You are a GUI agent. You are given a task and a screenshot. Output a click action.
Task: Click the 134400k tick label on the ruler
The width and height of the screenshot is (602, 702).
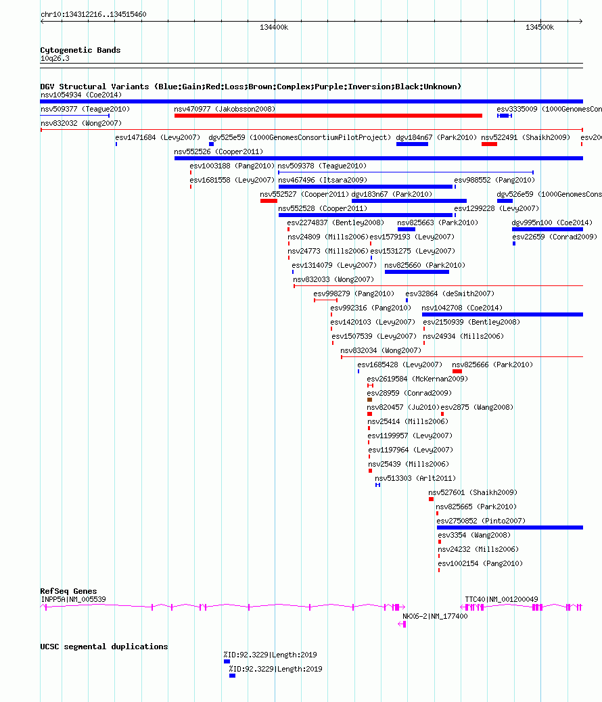click(274, 27)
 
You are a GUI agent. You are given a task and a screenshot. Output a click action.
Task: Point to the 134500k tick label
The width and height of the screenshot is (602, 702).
click(539, 27)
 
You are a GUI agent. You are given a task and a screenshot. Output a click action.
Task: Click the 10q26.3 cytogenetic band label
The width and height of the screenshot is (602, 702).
click(55, 58)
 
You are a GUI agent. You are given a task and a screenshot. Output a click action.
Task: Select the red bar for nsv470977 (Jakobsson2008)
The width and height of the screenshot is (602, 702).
click(328, 116)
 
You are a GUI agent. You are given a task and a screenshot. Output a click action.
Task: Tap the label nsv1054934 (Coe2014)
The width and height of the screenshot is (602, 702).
click(80, 95)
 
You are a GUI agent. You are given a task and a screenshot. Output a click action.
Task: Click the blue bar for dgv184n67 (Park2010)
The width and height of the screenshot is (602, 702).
click(412, 144)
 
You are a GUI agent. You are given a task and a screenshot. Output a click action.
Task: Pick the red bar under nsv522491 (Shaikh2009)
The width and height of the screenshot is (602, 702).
click(489, 144)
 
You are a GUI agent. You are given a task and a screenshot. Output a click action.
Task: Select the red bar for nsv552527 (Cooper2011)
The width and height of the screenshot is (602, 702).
click(269, 201)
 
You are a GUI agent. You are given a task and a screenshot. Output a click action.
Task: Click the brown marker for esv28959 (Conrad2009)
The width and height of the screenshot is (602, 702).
click(369, 400)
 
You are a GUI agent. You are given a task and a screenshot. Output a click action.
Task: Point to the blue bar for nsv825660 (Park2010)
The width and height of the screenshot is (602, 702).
click(417, 272)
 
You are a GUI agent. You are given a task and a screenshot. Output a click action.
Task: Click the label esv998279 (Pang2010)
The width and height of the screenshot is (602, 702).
click(354, 294)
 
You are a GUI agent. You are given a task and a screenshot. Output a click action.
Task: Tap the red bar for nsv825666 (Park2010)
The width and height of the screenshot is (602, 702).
click(457, 371)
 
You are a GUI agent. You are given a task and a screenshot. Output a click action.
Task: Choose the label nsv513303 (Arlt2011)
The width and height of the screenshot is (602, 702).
click(415, 478)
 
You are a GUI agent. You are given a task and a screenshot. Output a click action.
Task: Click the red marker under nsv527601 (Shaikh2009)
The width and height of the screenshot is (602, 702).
click(431, 499)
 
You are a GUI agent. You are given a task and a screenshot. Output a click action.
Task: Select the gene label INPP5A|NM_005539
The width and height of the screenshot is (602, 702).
click(74, 599)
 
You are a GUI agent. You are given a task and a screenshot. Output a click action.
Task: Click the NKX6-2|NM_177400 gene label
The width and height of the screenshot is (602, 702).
click(435, 617)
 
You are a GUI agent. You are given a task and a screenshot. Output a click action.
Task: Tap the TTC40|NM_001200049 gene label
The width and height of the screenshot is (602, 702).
click(501, 599)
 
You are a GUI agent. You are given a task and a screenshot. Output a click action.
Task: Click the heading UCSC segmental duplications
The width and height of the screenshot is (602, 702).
click(104, 647)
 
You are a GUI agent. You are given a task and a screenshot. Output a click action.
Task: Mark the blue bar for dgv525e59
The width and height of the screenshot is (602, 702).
click(212, 144)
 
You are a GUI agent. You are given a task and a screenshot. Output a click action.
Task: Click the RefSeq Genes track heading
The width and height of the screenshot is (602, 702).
click(68, 591)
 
